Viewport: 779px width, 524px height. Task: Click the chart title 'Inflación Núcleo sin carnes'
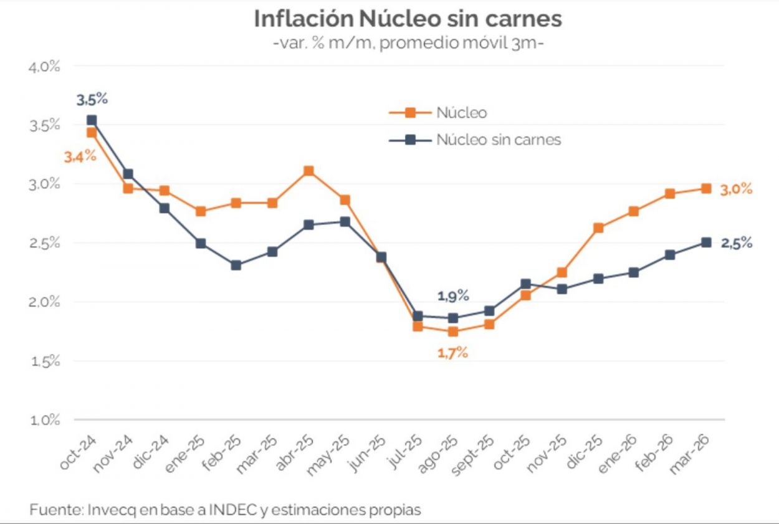[x=408, y=19]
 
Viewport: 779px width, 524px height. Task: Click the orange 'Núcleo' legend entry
[x=461, y=113]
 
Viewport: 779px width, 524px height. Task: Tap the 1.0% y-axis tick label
[x=44, y=421]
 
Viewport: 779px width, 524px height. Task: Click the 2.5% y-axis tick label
[x=44, y=244]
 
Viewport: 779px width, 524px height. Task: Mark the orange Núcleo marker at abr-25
[x=308, y=171]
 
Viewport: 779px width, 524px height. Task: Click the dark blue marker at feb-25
[x=236, y=265]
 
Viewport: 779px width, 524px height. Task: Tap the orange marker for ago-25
[x=453, y=331]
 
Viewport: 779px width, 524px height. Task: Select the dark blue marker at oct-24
[x=92, y=120]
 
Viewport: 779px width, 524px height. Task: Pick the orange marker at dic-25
[x=598, y=228]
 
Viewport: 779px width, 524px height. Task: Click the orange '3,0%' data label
[x=736, y=189]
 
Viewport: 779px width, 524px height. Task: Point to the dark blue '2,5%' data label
[x=736, y=244]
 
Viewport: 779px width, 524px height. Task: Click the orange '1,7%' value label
[x=452, y=353]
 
